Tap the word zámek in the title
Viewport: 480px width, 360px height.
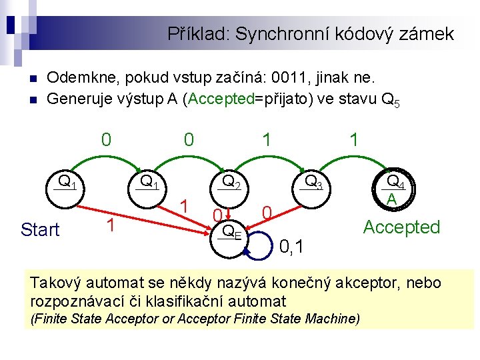(427, 33)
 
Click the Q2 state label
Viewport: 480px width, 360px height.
(231, 181)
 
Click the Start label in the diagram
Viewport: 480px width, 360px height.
(40, 230)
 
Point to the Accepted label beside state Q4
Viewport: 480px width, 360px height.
(401, 227)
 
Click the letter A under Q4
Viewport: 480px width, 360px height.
(392, 199)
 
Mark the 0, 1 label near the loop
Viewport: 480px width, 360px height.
(292, 248)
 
